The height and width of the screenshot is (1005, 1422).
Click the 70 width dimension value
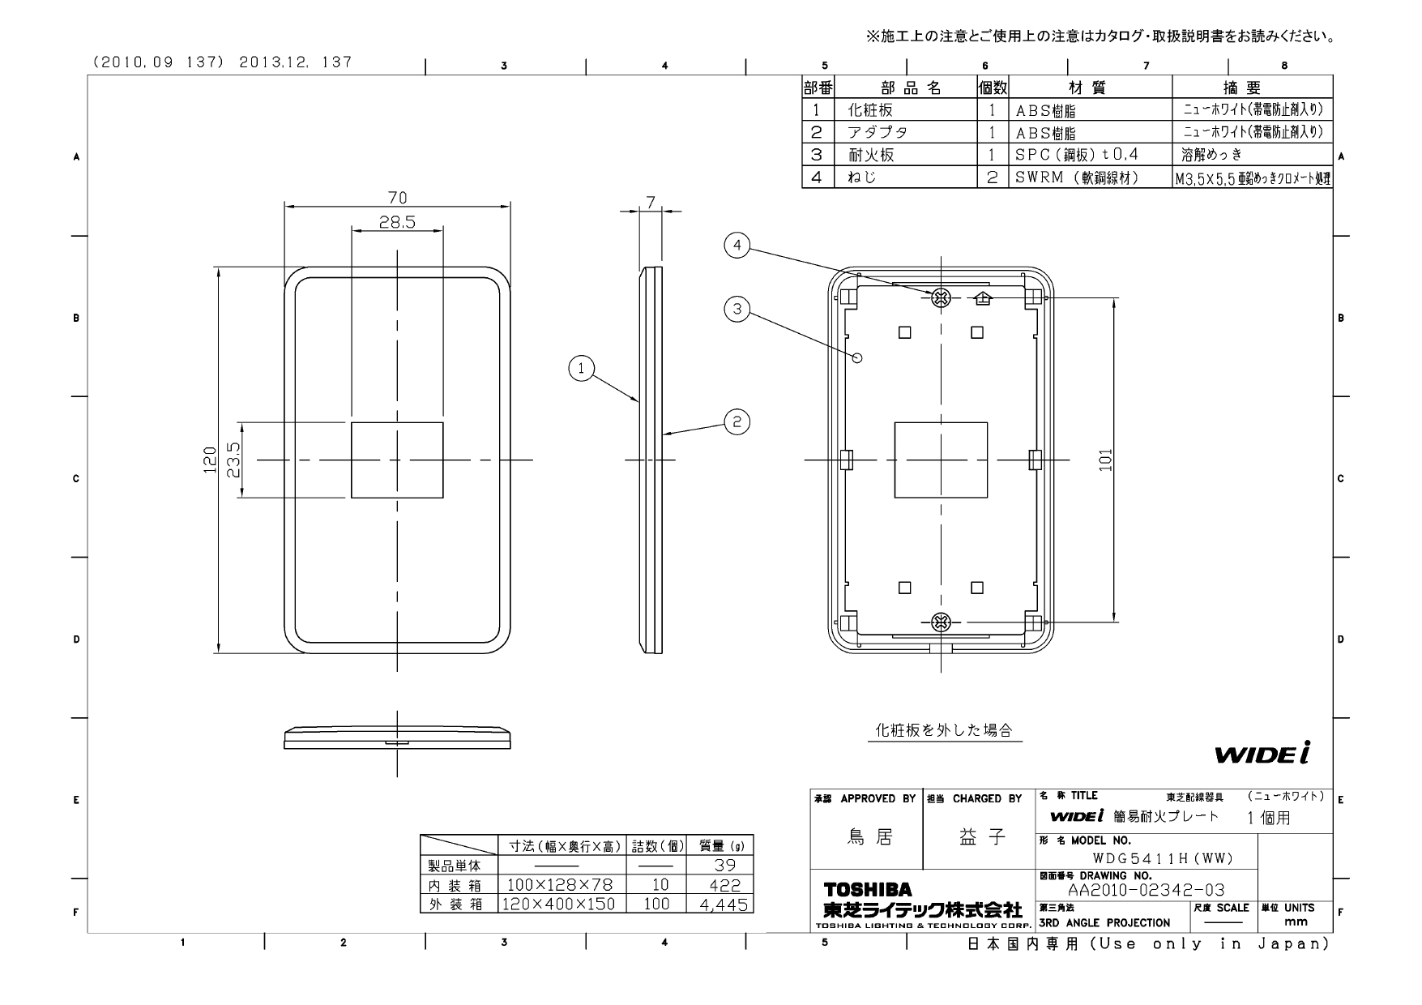[x=397, y=197]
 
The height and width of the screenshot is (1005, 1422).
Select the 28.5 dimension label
[x=397, y=221]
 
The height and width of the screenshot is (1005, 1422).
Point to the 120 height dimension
[x=211, y=460]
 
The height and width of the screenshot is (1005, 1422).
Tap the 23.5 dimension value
[x=235, y=460]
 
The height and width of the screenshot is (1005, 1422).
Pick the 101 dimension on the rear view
[x=1107, y=460]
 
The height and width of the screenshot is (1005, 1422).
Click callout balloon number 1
[x=581, y=370]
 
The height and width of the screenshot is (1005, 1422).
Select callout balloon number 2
[x=737, y=421]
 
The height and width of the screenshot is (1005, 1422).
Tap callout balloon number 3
[x=737, y=309]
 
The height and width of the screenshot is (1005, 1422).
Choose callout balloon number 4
[x=737, y=245]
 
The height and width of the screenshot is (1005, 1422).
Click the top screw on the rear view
[x=941, y=297]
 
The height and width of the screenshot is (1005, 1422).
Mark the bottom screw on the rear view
[x=941, y=622]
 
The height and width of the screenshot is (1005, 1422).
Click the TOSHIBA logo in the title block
[x=868, y=890]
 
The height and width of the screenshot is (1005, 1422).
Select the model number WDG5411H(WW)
[x=1162, y=858]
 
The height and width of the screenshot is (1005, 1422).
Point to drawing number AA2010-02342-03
[x=1146, y=890]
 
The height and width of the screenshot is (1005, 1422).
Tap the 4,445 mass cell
[x=720, y=904]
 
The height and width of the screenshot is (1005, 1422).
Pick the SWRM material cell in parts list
[x=1078, y=177]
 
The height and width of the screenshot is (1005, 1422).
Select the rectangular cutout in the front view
[x=397, y=460]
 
